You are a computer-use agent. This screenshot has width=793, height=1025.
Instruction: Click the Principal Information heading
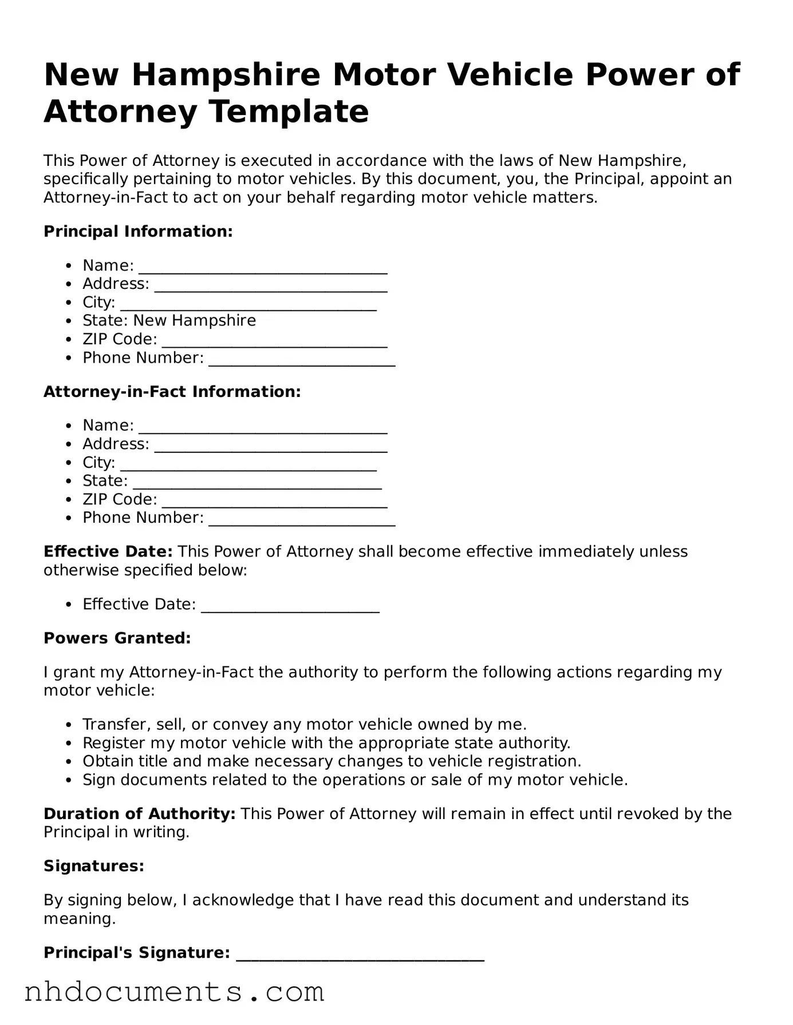pyautogui.click(x=138, y=232)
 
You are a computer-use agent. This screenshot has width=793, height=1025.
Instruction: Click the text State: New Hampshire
pyautogui.click(x=169, y=320)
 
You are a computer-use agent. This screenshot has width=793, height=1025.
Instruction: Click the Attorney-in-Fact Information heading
pyautogui.click(x=172, y=392)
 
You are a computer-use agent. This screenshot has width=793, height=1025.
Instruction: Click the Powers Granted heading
pyautogui.click(x=117, y=638)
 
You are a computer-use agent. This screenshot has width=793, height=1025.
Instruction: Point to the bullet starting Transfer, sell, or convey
pyautogui.click(x=304, y=725)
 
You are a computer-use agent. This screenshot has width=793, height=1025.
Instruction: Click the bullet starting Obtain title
pyautogui.click(x=332, y=761)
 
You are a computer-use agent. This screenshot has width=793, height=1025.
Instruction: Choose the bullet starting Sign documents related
pyautogui.click(x=355, y=780)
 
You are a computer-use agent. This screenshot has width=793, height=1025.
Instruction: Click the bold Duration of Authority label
pyautogui.click(x=139, y=814)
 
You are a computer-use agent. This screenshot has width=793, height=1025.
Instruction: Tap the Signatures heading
pyautogui.click(x=93, y=866)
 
